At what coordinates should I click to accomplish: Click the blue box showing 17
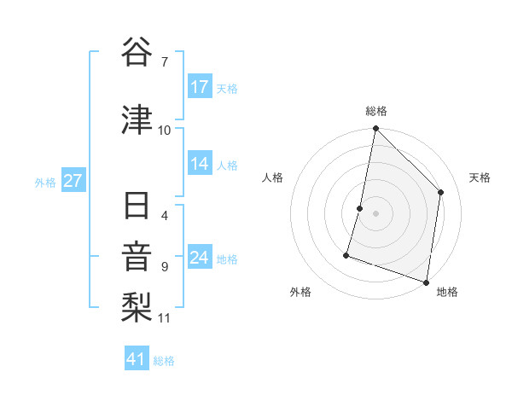click(200, 87)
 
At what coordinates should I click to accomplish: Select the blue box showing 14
click(200, 165)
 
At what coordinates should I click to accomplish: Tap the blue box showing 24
click(200, 258)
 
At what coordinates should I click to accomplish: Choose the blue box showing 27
click(73, 182)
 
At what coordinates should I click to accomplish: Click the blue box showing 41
click(137, 360)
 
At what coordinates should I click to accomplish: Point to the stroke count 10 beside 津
click(165, 130)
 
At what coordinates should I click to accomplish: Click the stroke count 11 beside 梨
click(165, 318)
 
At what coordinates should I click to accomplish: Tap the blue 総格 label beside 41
click(164, 361)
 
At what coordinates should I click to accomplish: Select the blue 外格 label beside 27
click(45, 183)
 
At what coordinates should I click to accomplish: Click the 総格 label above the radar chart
click(376, 111)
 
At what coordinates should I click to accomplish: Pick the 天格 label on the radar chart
click(480, 177)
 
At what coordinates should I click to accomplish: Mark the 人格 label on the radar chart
click(272, 177)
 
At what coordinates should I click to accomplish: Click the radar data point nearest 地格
click(426, 282)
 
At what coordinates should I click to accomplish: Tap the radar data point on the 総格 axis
click(375, 129)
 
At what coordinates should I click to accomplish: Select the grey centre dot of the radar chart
click(375, 213)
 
